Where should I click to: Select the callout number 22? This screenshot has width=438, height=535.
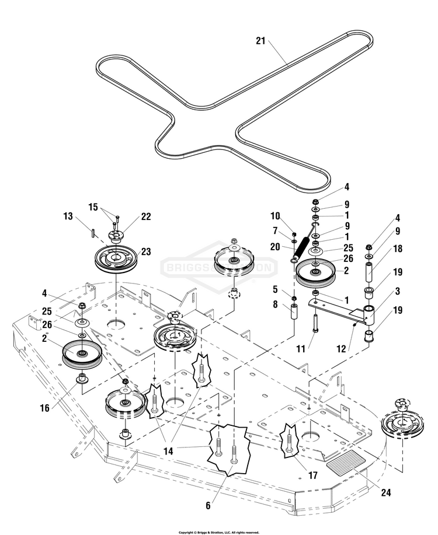tap(146, 216)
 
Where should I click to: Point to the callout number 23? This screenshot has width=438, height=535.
tap(146, 252)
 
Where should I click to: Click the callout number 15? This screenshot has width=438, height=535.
tap(93, 207)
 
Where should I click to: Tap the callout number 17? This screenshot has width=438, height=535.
tap(313, 475)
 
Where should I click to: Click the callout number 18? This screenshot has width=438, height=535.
tap(397, 248)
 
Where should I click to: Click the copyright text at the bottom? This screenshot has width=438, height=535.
tap(218, 531)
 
